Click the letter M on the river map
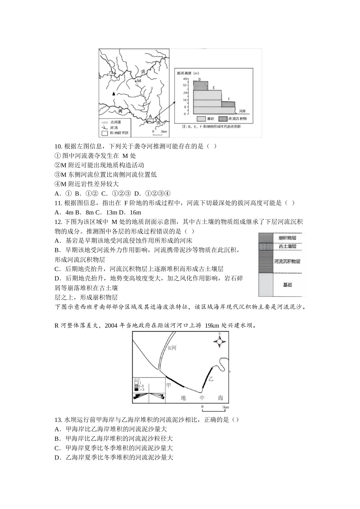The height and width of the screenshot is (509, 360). (x=139, y=81)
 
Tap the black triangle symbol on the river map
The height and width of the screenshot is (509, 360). (x=113, y=93)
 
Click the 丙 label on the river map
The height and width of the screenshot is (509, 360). (x=121, y=111)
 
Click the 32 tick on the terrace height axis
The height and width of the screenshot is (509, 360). (x=185, y=86)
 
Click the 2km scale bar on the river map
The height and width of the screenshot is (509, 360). (x=158, y=131)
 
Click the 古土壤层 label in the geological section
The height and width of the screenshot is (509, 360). (x=287, y=246)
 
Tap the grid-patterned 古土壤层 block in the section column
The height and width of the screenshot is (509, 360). (x=265, y=246)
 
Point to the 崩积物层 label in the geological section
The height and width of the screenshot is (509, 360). (x=287, y=238)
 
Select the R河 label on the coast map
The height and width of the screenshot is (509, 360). (x=172, y=348)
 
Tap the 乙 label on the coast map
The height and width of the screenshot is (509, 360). (x=211, y=378)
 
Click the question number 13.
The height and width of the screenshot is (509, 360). (x=58, y=420)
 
